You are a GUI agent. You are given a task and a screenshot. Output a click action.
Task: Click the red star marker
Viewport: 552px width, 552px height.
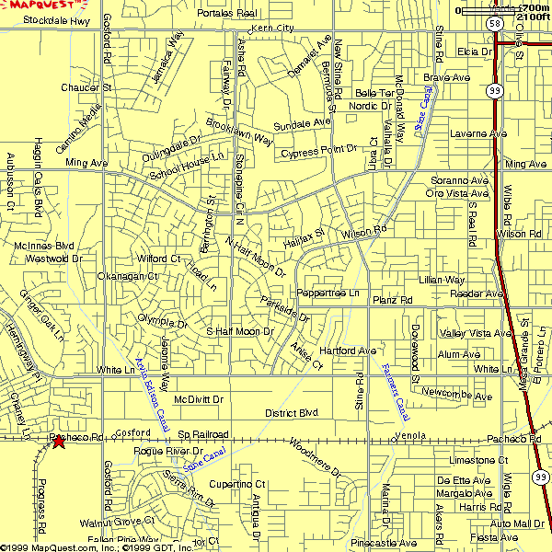tap(58, 442)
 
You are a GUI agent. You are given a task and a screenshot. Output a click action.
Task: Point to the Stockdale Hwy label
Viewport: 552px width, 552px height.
tap(57, 19)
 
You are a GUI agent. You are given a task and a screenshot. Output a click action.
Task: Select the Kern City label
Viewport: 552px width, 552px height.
tap(271, 29)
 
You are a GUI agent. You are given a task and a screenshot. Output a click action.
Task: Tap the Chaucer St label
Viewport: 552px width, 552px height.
tap(86, 87)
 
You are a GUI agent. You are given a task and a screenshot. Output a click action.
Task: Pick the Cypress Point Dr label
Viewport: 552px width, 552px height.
tap(318, 150)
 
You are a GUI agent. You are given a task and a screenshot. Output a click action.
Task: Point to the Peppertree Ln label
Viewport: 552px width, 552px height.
tap(328, 293)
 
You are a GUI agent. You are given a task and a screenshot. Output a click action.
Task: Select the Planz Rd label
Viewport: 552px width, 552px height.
tap(392, 301)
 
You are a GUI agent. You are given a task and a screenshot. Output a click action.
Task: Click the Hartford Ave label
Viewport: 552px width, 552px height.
tap(349, 351)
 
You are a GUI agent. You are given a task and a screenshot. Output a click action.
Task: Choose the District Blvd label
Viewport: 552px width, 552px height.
tap(291, 413)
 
